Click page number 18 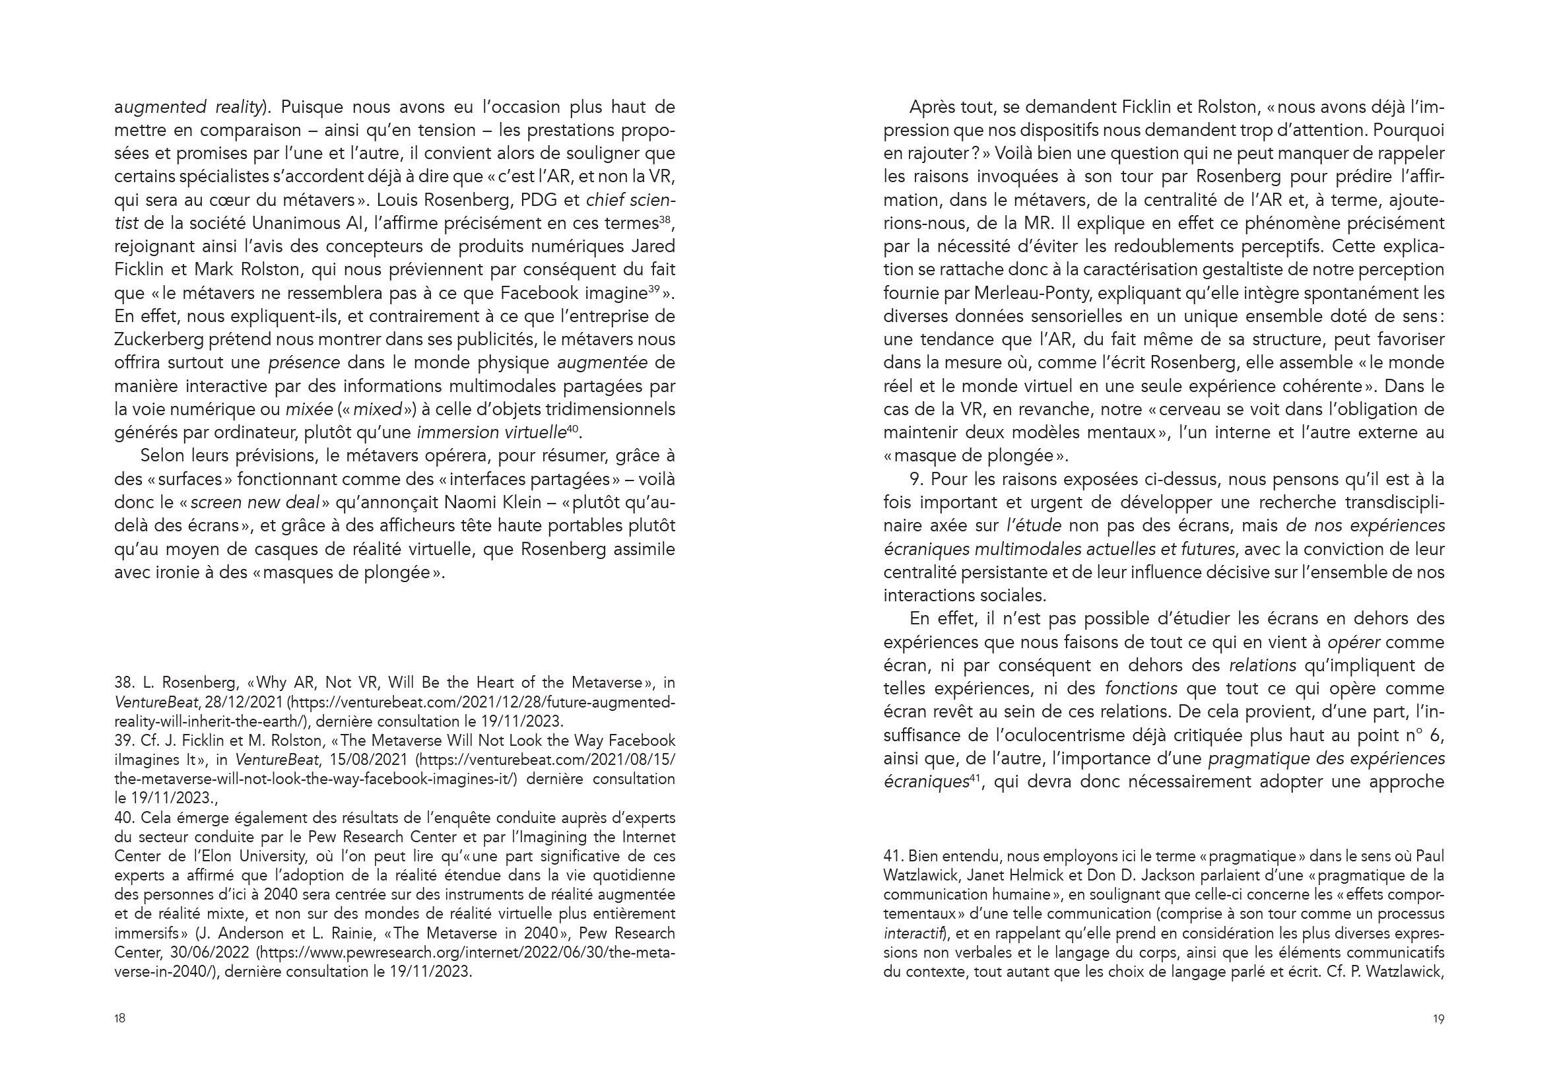click(x=119, y=1018)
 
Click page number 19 click(x=1438, y=1018)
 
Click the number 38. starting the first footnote click(x=124, y=682)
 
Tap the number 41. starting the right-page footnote click(x=893, y=857)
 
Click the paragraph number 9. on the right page click(x=917, y=479)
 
